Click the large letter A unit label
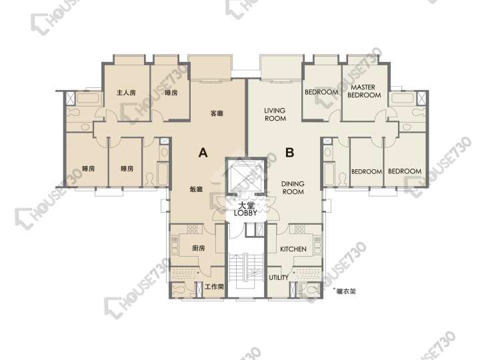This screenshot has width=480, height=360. [203, 153]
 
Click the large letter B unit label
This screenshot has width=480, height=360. [289, 152]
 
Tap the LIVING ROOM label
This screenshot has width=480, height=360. [275, 114]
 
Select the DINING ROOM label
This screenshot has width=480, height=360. [293, 187]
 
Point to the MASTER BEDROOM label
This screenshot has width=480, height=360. [364, 91]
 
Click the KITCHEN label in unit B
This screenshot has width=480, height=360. [293, 249]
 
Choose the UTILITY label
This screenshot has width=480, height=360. [279, 277]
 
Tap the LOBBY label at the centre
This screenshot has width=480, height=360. [245, 213]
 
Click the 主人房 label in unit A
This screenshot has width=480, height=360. [126, 93]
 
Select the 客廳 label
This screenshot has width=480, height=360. [217, 113]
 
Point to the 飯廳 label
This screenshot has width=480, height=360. [196, 189]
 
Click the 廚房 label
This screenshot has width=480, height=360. [199, 248]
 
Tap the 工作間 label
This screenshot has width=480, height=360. [214, 287]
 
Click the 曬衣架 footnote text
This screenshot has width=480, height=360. [346, 291]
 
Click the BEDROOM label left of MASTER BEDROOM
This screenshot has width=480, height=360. [321, 92]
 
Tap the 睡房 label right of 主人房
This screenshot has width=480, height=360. [171, 93]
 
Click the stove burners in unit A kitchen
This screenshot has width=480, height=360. [193, 229]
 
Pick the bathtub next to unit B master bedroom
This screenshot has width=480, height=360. [402, 98]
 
